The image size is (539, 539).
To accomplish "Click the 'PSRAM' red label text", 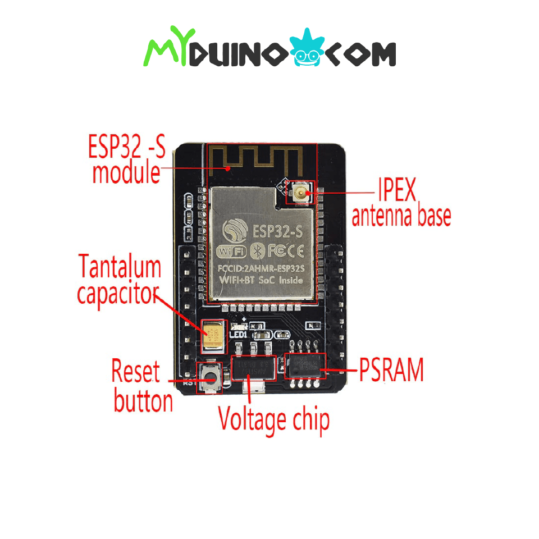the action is tap(391, 370).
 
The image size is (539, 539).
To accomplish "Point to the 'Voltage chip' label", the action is tap(273, 419).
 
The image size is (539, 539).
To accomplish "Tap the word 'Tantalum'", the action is tap(120, 267).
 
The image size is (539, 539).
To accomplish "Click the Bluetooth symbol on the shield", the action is tap(257, 249).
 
